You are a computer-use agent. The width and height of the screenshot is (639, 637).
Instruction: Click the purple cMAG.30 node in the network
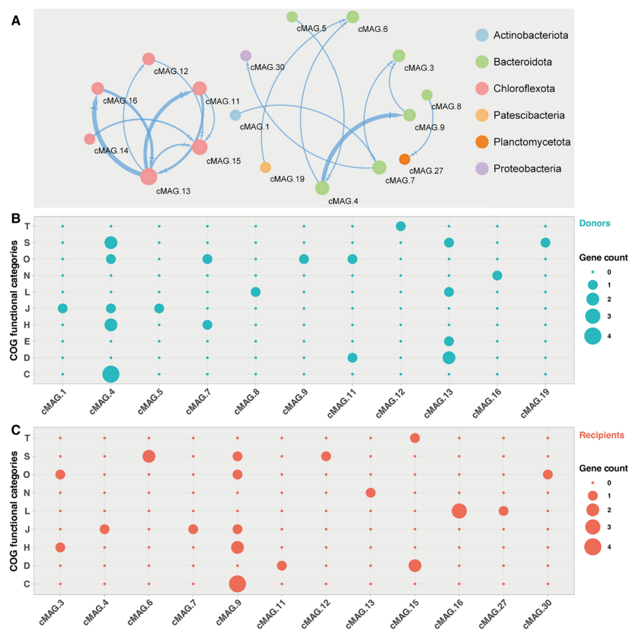[246, 56]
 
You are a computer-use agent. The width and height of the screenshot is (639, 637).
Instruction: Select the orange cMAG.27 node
[404, 159]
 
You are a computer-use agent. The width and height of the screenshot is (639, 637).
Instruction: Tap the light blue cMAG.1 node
[235, 115]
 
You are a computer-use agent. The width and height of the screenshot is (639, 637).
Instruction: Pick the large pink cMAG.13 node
[149, 176]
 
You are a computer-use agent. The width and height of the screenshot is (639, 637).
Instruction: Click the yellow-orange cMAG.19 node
[265, 167]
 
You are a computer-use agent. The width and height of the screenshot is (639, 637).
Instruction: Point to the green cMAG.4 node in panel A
[322, 188]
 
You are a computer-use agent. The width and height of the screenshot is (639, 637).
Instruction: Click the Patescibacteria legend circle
[482, 115]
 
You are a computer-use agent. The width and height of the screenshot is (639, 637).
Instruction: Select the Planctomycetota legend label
[532, 142]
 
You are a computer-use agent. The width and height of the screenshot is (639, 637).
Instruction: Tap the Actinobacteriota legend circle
[482, 35]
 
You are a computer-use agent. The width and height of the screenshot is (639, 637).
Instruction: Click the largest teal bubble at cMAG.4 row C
[111, 374]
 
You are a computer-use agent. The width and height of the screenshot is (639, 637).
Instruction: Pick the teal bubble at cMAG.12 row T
[401, 226]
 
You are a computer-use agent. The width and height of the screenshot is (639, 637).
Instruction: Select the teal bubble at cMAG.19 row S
[545, 242]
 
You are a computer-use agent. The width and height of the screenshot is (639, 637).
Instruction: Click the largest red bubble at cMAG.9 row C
[237, 584]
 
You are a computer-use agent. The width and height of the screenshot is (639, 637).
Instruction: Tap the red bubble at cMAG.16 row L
[459, 510]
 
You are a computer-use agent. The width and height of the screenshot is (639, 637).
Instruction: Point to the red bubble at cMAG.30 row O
[547, 474]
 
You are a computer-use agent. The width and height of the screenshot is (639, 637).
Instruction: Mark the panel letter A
[16, 21]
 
